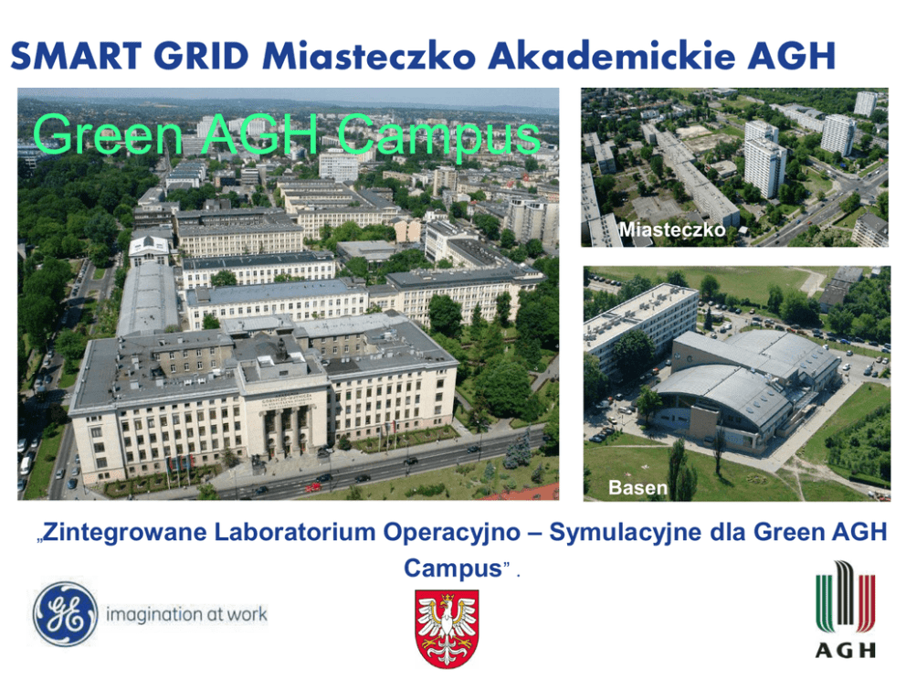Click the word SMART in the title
point(76,56)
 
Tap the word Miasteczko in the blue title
point(370,56)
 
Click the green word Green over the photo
point(108,133)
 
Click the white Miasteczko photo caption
point(672,230)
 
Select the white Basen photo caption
point(637,488)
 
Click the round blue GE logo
point(65,614)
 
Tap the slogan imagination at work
point(186,614)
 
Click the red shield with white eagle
point(447,629)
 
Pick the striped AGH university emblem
point(846,599)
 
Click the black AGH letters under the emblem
point(846,651)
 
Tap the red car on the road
point(313,487)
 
